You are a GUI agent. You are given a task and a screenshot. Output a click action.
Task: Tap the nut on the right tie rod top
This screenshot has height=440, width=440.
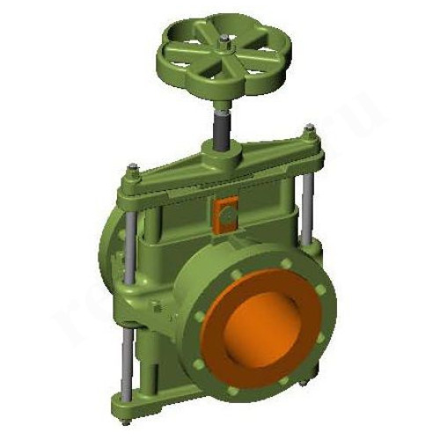click(309, 132)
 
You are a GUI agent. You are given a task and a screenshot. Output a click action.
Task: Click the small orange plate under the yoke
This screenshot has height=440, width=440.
click(224, 210)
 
